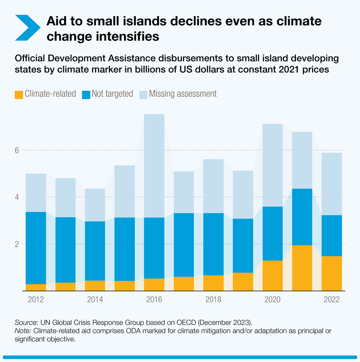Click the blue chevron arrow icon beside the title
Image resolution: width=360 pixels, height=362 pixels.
[27, 27]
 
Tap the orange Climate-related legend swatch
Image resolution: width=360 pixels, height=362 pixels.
[19, 95]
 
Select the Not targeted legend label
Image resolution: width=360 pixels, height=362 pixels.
[112, 94]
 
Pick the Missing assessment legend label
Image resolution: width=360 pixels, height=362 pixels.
[183, 94]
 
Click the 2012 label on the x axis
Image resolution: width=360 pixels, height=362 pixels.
[36, 300]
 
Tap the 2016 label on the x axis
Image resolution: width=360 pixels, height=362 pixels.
[154, 300]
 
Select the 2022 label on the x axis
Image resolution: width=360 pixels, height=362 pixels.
[332, 300]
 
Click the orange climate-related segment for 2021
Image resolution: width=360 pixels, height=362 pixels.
[302, 268]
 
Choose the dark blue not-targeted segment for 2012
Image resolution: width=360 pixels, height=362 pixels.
[36, 248]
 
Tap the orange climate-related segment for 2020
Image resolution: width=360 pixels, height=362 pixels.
[272, 275]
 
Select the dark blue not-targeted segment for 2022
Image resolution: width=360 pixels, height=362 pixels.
[332, 235]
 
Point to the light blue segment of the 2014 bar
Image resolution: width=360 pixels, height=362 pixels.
[95, 205]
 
